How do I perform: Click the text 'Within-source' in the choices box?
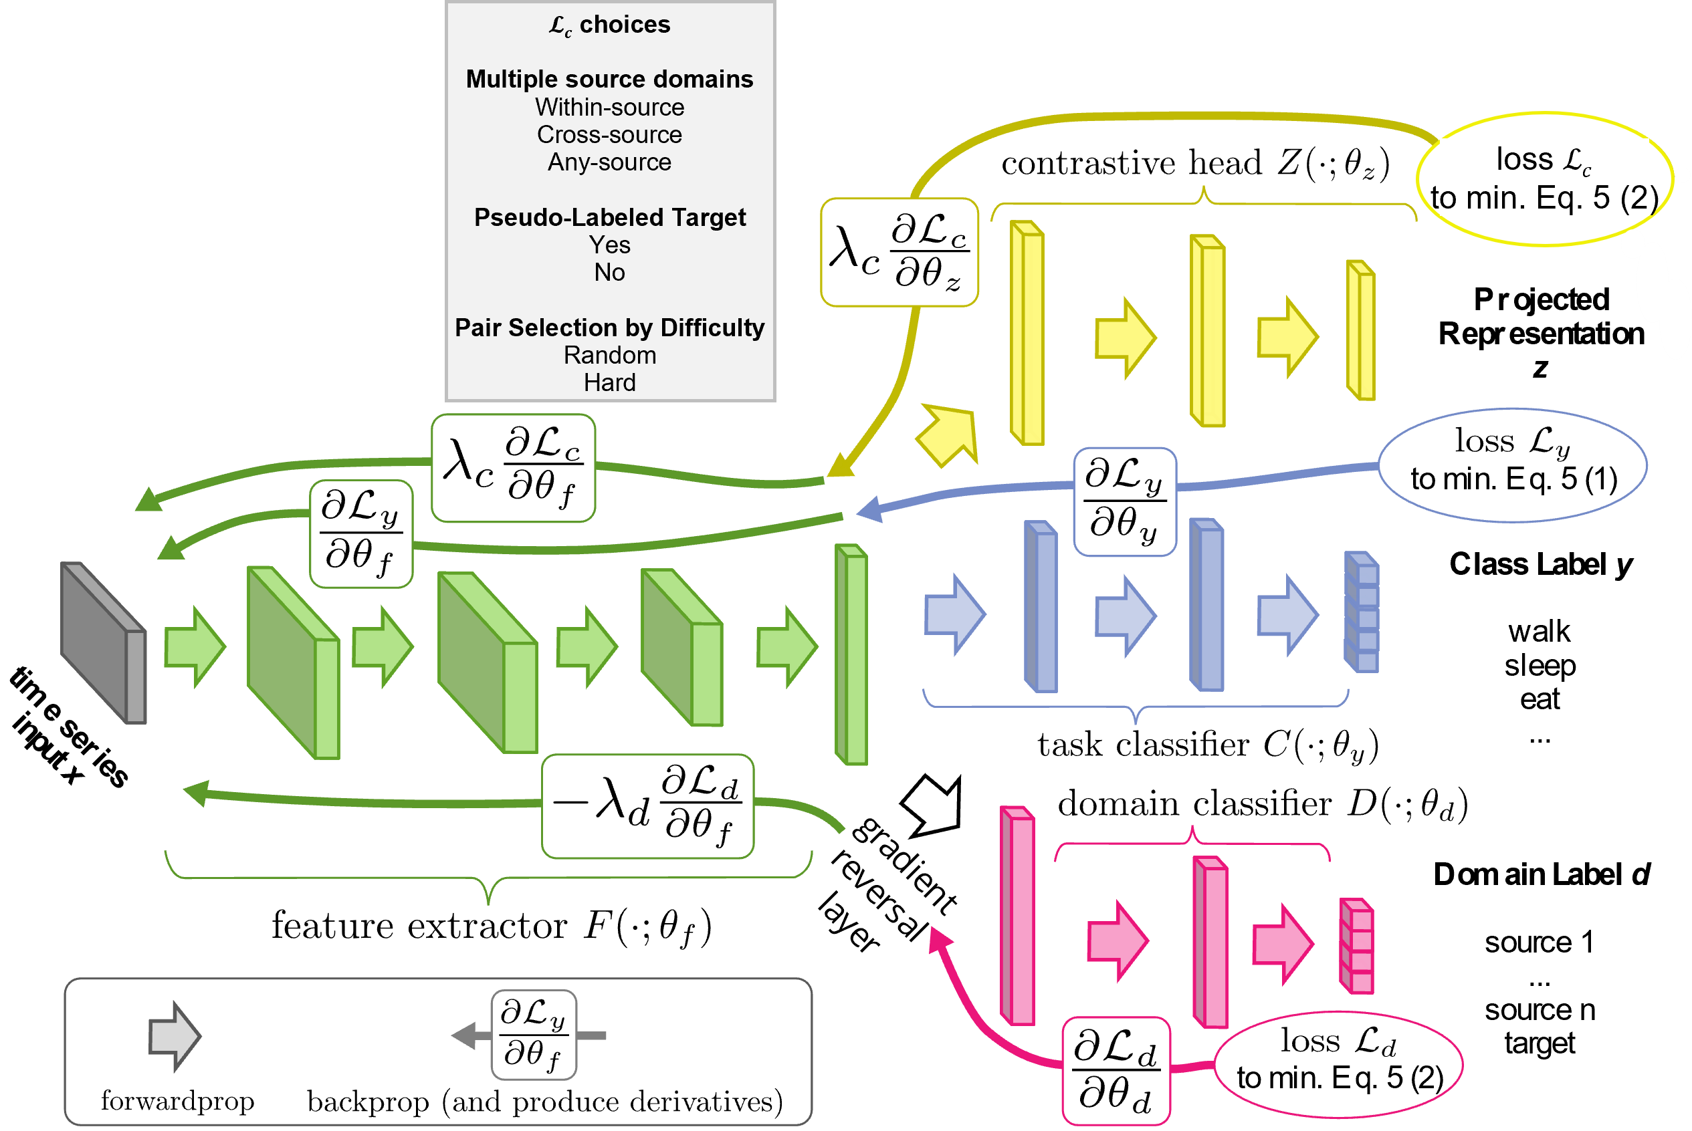(x=610, y=108)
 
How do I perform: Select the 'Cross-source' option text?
(x=610, y=135)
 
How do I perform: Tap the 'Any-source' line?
(x=610, y=162)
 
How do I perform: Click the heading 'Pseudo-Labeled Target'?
(x=610, y=217)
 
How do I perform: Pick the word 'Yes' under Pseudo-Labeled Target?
(x=610, y=245)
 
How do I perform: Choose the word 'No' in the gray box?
(x=610, y=273)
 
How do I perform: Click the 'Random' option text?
(x=610, y=356)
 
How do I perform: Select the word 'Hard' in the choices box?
(x=610, y=383)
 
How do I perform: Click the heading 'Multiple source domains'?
(x=610, y=80)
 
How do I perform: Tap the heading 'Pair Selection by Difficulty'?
(x=610, y=328)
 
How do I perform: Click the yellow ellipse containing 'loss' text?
(x=1544, y=179)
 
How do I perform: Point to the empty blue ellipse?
(x=1512, y=465)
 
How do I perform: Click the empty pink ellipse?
(x=1338, y=1065)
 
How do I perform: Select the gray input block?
(x=104, y=642)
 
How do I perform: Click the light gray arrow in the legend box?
(x=174, y=1037)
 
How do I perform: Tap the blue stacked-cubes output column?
(x=1362, y=612)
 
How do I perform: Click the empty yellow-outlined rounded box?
(x=899, y=253)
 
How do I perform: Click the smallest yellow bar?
(x=1362, y=330)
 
